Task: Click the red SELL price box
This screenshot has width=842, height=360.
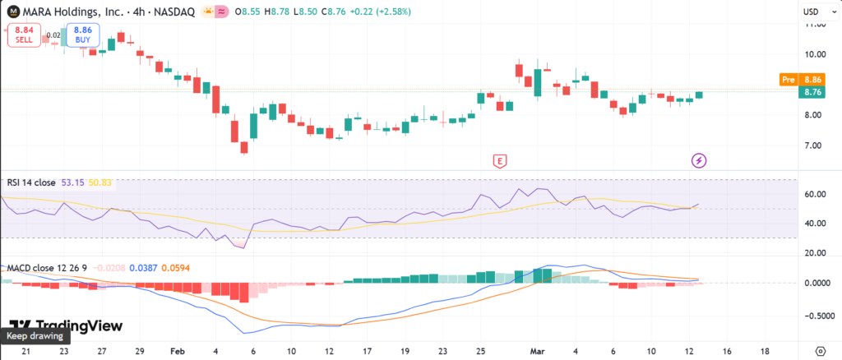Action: pyautogui.click(x=24, y=35)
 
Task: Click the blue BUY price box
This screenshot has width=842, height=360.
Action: pyautogui.click(x=83, y=35)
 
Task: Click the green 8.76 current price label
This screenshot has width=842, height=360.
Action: pyautogui.click(x=814, y=92)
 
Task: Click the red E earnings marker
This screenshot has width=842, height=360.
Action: pyautogui.click(x=498, y=160)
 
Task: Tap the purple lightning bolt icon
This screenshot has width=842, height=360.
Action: pyautogui.click(x=699, y=160)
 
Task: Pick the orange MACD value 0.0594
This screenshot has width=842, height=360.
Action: pyautogui.click(x=175, y=268)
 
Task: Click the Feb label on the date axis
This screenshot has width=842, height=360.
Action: pyautogui.click(x=177, y=349)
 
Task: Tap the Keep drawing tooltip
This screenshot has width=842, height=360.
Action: pyautogui.click(x=35, y=335)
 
